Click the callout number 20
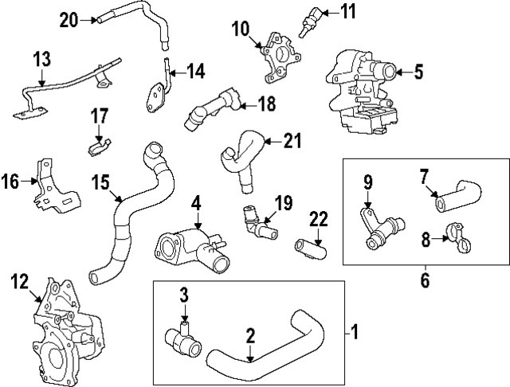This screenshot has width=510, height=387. (69, 21)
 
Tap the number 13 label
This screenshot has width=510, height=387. (42, 59)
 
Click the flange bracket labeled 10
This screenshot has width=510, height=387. (280, 57)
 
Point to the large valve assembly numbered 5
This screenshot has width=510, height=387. (362, 92)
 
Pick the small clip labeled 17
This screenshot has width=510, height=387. (100, 147)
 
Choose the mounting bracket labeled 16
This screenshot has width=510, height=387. (56, 186)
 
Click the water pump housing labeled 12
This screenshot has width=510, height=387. (68, 331)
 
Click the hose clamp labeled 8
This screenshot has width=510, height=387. (459, 238)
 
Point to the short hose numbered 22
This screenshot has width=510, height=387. (310, 248)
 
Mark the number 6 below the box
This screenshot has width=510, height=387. (425, 280)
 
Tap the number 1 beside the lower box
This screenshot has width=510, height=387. (354, 332)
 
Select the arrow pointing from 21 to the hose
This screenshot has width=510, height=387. (273, 142)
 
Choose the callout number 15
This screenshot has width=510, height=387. (100, 182)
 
